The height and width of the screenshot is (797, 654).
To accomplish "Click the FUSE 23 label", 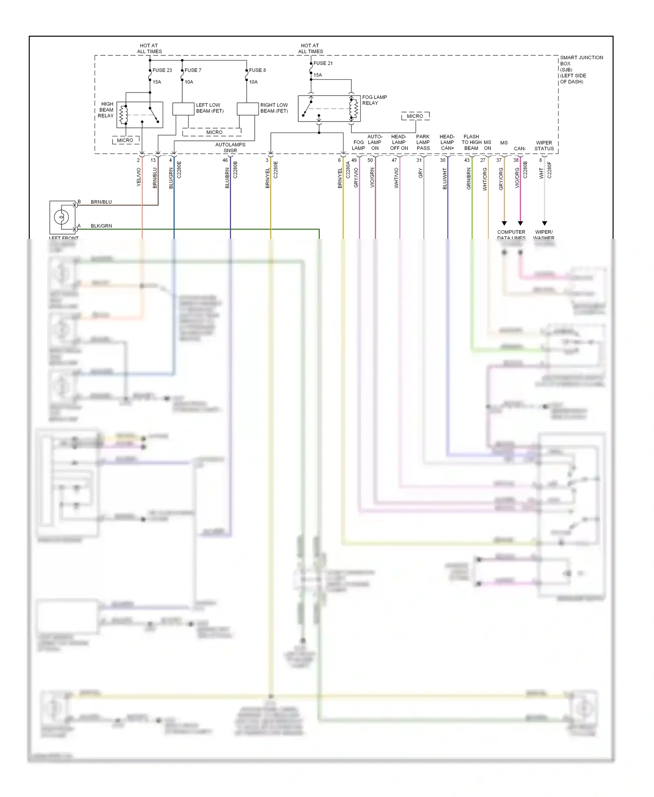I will coord(162,70).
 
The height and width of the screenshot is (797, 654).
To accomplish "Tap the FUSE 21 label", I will coord(323,63).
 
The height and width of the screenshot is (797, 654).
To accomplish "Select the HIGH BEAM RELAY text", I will coord(106,110).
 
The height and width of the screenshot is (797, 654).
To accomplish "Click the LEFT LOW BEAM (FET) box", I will coord(183,109).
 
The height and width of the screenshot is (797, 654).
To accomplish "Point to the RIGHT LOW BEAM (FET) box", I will coord(248,109).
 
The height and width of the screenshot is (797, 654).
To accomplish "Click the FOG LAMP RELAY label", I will coord(374,100).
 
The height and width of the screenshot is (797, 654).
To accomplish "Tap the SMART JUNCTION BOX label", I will coord(581,69).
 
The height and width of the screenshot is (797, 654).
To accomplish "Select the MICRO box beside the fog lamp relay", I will coord(415,116).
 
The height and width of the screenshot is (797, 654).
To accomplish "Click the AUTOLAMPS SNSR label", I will coord(230,147).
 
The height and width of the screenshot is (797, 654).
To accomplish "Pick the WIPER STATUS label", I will coord(544,146).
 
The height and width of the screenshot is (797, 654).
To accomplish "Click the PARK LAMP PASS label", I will coord(423,143).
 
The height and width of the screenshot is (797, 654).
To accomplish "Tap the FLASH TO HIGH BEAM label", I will coord(471,143).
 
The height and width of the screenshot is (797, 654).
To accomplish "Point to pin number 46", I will coord(225,160).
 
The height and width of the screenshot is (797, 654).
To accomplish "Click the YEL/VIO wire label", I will coord(139,177).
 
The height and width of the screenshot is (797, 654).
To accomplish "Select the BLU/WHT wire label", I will coord(445,179).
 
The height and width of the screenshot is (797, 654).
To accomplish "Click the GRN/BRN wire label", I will coord(469,179).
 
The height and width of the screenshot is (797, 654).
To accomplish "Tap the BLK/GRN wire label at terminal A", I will coord(101,226).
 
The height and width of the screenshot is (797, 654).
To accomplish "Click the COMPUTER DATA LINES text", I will coord(511,235).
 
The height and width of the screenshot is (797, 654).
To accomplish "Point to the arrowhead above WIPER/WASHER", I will coord(544,223).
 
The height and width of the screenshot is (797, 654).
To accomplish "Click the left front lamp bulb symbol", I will coord(62,217).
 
